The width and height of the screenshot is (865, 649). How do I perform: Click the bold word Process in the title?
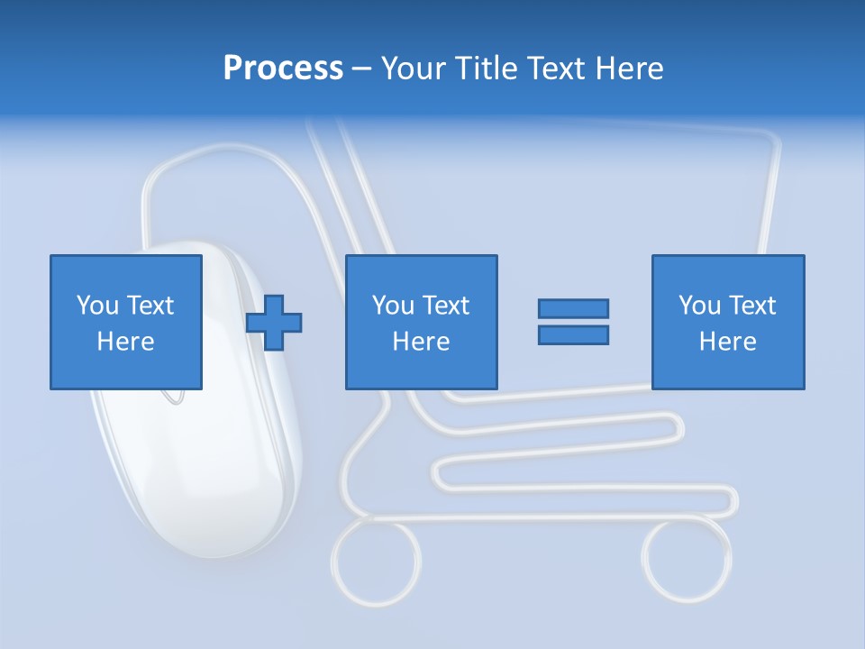tap(283, 69)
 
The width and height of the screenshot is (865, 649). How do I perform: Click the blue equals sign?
tap(573, 322)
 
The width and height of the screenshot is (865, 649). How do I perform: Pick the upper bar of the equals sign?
tap(573, 308)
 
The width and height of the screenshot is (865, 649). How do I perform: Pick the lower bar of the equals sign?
tap(573, 335)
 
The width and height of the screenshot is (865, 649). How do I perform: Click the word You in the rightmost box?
tap(699, 306)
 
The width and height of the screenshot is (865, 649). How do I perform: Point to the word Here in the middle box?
tap(421, 342)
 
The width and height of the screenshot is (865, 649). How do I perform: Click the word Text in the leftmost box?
tap(150, 306)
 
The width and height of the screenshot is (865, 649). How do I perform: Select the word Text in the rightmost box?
tap(751, 306)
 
